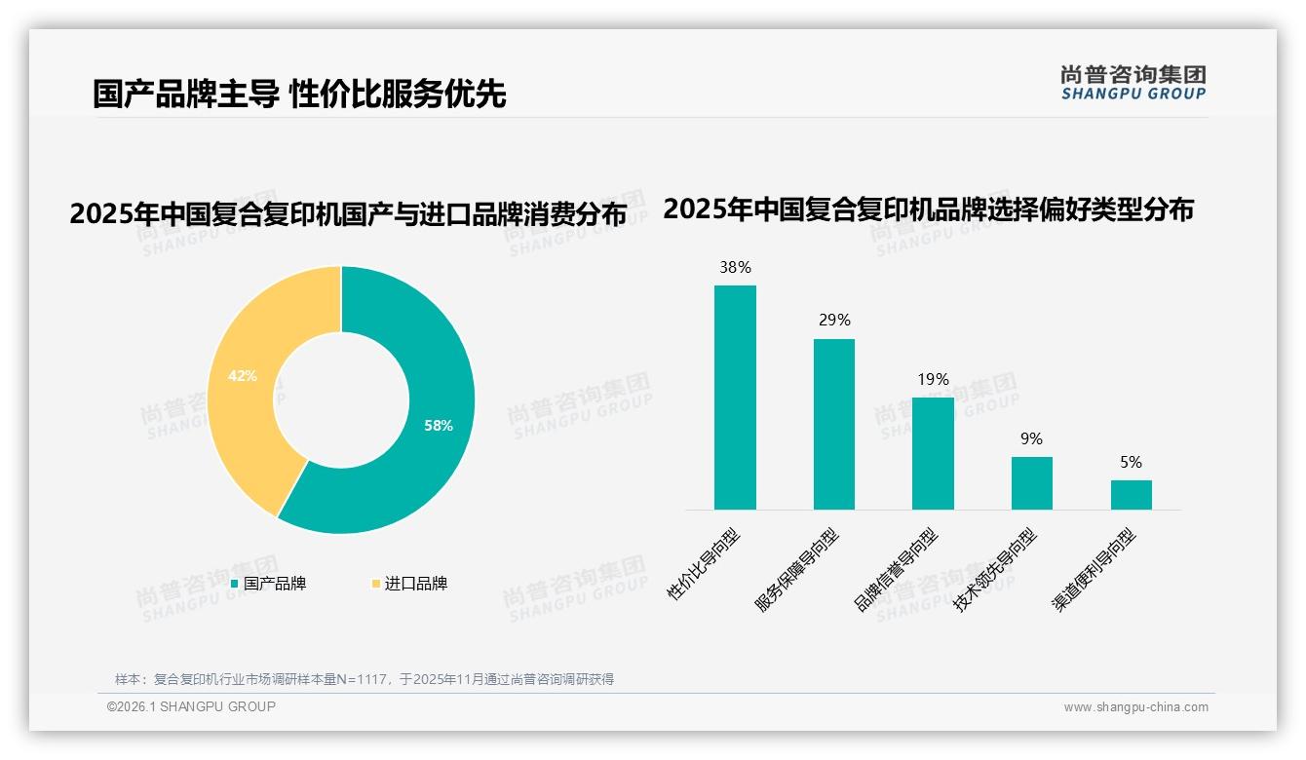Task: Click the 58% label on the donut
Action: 439,426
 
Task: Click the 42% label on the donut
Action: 243,375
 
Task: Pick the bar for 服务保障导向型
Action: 834,424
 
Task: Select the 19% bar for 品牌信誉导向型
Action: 933,453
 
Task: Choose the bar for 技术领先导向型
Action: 1032,483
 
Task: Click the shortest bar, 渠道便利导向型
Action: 1131,495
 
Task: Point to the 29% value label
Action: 834,320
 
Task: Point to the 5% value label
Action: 1131,462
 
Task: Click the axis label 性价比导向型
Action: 704,564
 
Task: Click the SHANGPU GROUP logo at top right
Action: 1133,83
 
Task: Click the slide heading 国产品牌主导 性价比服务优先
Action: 299,95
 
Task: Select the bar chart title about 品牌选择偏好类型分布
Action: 928,209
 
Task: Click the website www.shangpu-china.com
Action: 1135,707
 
